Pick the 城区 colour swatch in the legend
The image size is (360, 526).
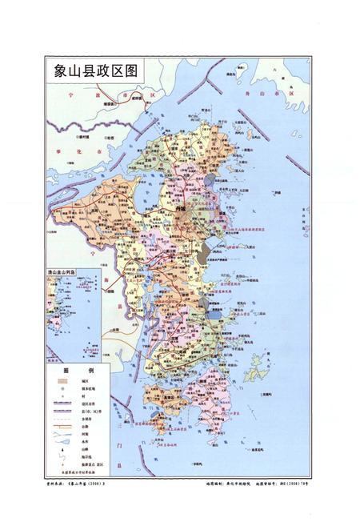[62, 380]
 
